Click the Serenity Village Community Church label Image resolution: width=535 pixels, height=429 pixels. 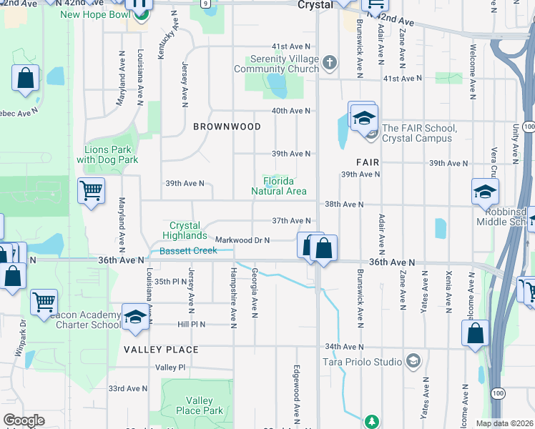click(276, 64)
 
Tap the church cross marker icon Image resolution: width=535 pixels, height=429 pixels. click(329, 62)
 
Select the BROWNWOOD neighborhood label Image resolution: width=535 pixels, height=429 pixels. click(227, 127)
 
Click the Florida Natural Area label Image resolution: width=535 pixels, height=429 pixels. click(279, 186)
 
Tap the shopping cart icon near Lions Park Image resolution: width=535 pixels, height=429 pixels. click(91, 190)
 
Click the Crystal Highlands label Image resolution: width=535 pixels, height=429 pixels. click(185, 230)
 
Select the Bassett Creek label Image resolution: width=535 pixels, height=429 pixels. click(188, 250)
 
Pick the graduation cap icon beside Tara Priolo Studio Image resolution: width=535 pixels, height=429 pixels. click(412, 361)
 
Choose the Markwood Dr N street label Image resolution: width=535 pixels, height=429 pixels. click(242, 240)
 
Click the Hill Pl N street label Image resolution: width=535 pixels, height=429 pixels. click(192, 324)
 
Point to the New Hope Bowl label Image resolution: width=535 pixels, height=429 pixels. click(95, 14)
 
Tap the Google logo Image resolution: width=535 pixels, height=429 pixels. click(24, 420)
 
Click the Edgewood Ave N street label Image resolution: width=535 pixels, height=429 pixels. click(295, 393)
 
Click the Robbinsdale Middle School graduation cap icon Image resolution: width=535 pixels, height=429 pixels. click(484, 192)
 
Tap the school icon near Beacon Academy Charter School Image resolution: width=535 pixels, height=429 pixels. click(134, 316)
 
